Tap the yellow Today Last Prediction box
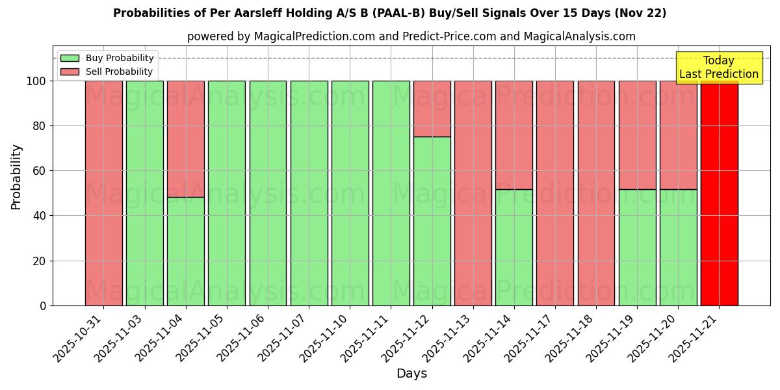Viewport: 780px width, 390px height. pos(719,68)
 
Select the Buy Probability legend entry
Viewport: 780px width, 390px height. pos(107,58)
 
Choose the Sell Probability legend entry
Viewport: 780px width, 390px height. pos(107,71)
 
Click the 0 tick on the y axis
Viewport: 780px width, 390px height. pos(43,305)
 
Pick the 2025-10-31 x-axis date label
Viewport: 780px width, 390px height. pos(79,338)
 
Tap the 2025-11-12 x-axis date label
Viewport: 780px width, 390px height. pos(407,338)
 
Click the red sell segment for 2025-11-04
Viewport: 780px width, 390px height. pos(186,139)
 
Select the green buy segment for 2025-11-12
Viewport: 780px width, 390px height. pos(432,221)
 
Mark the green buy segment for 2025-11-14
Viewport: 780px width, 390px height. pos(513,247)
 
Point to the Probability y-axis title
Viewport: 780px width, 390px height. pos(16,177)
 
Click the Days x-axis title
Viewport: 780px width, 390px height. pos(411,374)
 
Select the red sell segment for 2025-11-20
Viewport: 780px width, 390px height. pos(678,135)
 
